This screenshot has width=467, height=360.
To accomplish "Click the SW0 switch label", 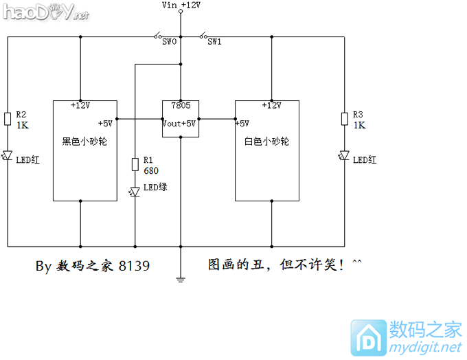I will click(170, 42).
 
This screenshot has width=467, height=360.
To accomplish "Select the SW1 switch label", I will click(214, 42).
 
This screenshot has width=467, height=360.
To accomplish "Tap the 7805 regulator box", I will click(181, 119).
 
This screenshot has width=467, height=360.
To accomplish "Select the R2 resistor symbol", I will click(8, 120).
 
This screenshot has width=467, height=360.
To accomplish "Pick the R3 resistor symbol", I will click(344, 120).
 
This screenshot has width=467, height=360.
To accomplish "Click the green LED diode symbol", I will click(135, 192).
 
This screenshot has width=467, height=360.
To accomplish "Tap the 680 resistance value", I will click(151, 170).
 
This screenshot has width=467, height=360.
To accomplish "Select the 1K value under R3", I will click(359, 125).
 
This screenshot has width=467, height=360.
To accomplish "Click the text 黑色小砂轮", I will click(85, 142).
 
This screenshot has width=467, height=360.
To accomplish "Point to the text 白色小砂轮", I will click(267, 142).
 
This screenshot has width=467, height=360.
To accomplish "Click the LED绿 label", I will click(155, 187).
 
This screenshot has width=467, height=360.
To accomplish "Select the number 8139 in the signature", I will click(134, 265).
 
